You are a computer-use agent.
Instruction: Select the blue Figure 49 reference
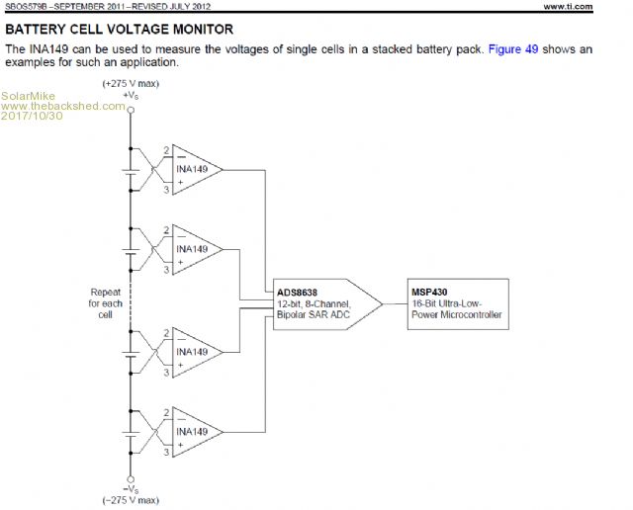tap(513, 48)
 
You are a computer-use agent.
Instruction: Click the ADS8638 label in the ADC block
tap(299, 293)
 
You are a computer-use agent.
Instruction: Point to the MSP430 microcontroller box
tap(458, 303)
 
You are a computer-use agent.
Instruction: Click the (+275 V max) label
tap(131, 84)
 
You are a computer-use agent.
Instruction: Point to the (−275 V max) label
tap(131, 500)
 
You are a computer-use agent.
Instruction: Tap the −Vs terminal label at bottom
tap(131, 489)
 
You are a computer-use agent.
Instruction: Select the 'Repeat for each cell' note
tap(105, 304)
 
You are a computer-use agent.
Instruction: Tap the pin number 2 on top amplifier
tap(166, 150)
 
